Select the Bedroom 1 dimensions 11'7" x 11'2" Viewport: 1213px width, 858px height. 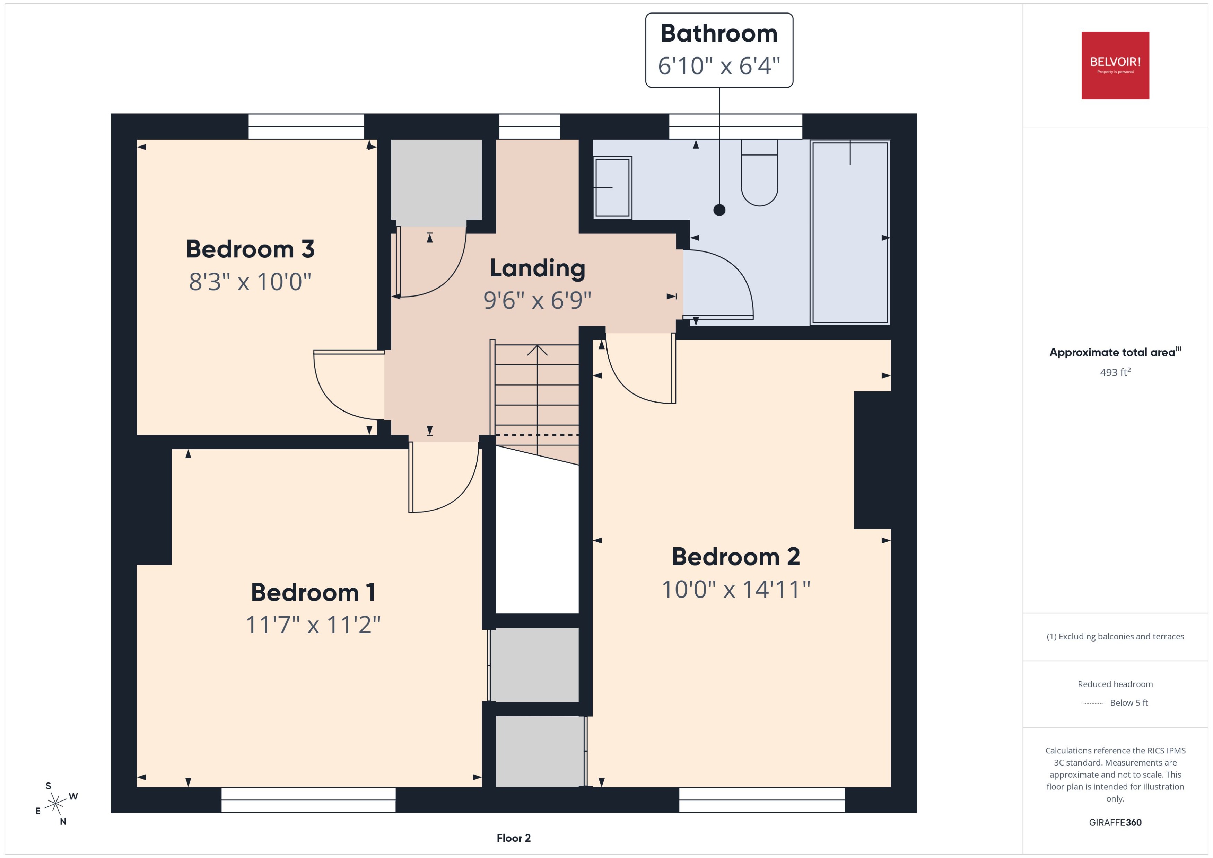point(313,625)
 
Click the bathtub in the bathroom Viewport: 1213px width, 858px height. point(849,232)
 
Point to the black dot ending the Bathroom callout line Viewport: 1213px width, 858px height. point(719,210)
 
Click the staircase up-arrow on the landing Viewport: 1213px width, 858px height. point(537,350)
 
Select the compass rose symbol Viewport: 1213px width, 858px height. point(55,804)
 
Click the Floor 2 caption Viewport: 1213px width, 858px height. point(513,838)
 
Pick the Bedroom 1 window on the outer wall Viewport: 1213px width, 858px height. point(308,799)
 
